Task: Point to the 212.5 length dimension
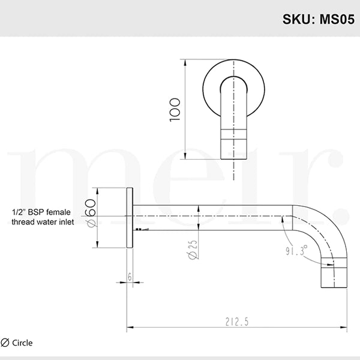[237, 322]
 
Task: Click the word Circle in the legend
[22, 343]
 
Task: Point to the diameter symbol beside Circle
[5, 343]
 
